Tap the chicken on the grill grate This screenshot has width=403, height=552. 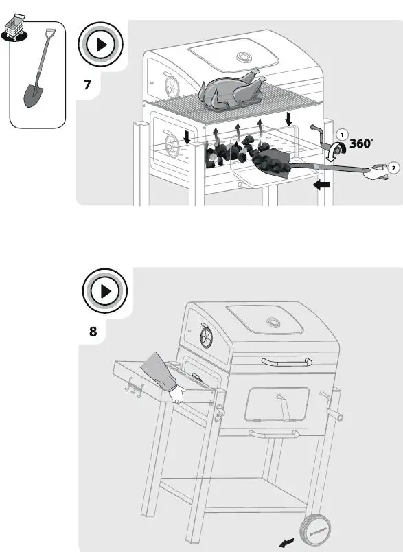pyautogui.click(x=229, y=91)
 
